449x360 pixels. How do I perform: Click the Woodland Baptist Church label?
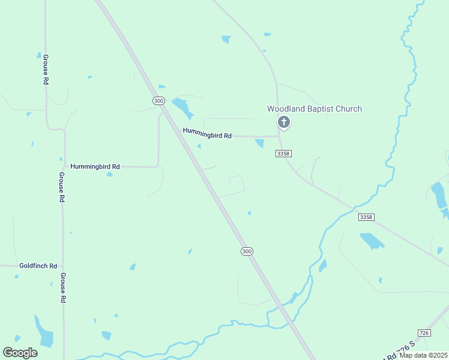(x=314, y=109)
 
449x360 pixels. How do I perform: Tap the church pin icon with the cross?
(x=284, y=123)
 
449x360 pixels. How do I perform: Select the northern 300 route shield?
(x=158, y=101)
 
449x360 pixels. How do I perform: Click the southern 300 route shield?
(x=247, y=251)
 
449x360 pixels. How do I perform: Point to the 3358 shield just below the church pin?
(x=283, y=154)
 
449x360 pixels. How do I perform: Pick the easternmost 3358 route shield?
(x=366, y=216)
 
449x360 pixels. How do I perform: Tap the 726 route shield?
(x=424, y=332)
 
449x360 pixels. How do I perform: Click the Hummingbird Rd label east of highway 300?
(x=207, y=135)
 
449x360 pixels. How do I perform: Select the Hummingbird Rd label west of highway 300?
(x=95, y=166)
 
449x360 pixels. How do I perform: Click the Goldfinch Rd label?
(x=38, y=265)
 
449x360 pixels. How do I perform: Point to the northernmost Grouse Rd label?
(x=46, y=69)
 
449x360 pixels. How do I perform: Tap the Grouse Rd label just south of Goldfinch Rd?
(x=62, y=287)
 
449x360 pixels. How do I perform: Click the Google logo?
(x=20, y=353)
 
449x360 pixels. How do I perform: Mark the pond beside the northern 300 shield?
(x=182, y=108)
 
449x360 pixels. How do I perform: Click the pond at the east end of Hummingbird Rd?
(x=259, y=143)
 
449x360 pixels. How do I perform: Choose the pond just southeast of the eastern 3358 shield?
(x=372, y=241)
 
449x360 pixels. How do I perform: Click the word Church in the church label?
(x=348, y=109)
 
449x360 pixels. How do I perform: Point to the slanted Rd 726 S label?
(x=397, y=352)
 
